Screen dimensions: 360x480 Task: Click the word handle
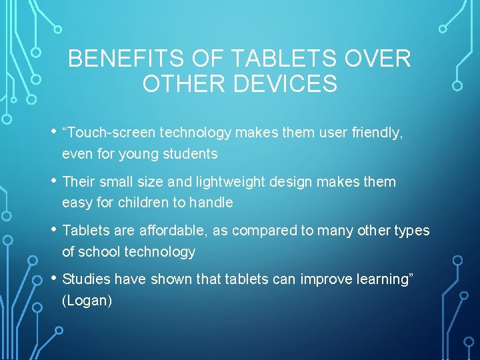click(211, 203)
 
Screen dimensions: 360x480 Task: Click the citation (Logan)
click(87, 301)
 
